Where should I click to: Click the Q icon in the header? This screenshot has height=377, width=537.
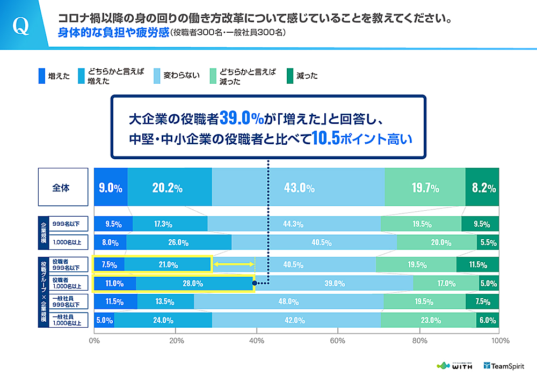pos(21,26)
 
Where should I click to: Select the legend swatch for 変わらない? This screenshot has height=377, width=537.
pos(158,76)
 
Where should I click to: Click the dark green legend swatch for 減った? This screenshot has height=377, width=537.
pos(290,76)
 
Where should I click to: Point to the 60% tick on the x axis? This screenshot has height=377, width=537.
pos(338,340)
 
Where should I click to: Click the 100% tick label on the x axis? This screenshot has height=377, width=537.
pos(500,340)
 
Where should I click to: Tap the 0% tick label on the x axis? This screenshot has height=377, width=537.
pos(95,340)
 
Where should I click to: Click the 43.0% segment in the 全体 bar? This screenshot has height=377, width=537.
pos(299,188)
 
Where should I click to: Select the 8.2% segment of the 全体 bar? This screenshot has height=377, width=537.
pos(482,188)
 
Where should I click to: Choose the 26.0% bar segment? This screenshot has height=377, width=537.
pos(179,242)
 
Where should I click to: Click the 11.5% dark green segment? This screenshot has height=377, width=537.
pos(477,264)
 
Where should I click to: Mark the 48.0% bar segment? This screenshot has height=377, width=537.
pos(288,301)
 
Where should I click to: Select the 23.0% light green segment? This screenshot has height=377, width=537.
pos(429,320)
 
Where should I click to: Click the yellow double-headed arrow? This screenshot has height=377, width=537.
pos(234,264)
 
